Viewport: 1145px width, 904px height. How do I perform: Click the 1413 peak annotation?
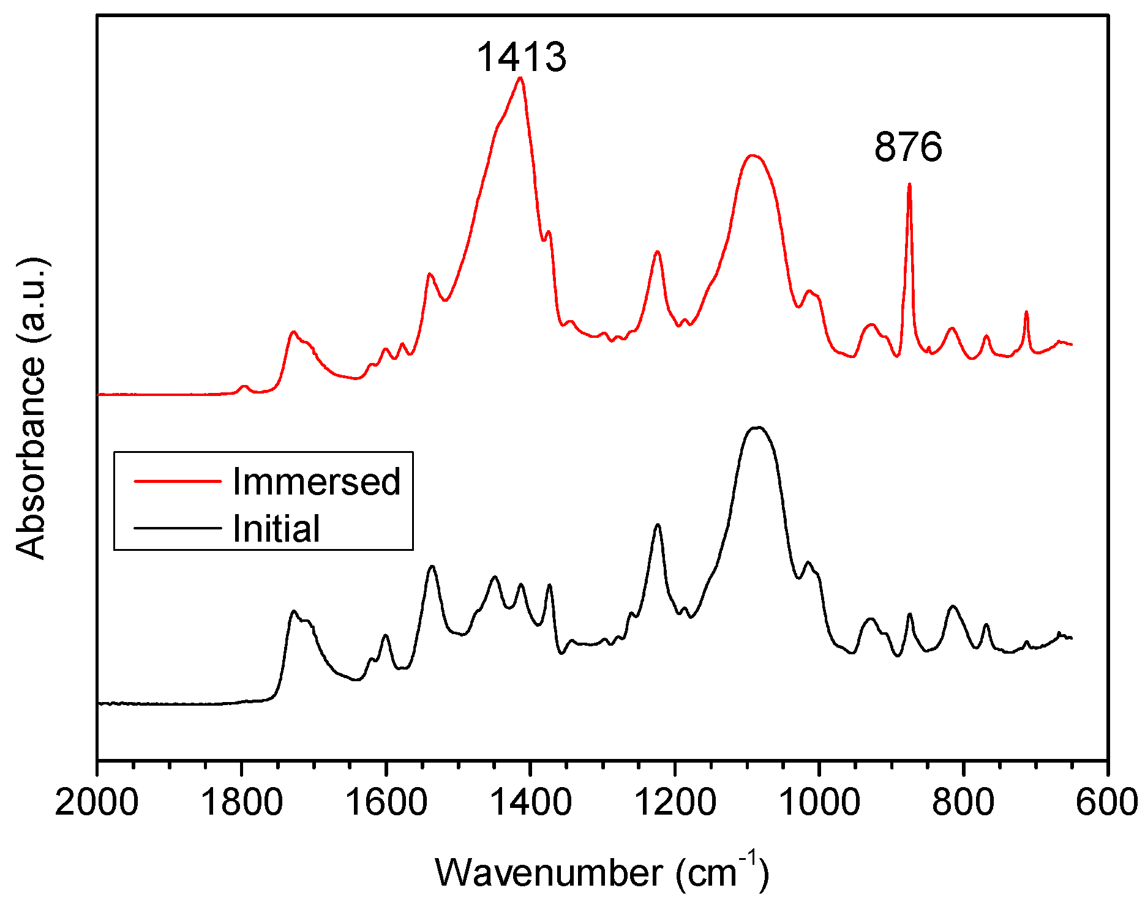[521, 57]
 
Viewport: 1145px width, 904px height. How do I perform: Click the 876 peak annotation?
[908, 148]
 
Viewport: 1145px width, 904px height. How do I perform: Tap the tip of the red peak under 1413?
[520, 78]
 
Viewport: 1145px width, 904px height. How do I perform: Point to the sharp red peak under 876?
[909, 184]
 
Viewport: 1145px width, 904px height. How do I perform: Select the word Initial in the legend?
[276, 528]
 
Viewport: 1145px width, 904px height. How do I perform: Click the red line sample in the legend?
[178, 481]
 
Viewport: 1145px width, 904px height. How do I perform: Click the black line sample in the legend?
[178, 528]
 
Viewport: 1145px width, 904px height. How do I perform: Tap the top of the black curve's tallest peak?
[757, 427]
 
